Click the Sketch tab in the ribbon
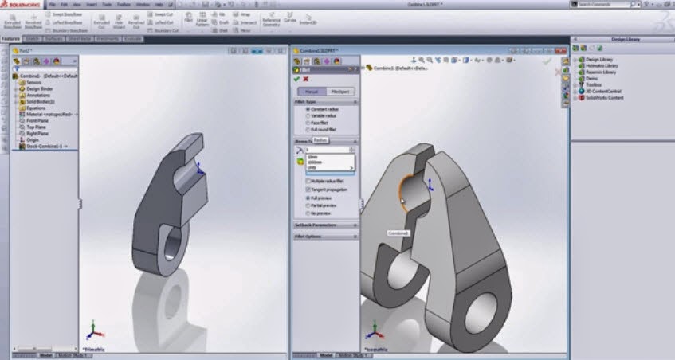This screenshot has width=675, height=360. pyautogui.click(x=33, y=38)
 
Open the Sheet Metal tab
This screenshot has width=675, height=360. pyautogui.click(x=79, y=38)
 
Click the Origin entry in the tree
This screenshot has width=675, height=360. pyautogui.click(x=33, y=139)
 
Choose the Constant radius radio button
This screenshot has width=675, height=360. pyautogui.click(x=308, y=109)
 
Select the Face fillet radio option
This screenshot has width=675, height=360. pyautogui.click(x=308, y=122)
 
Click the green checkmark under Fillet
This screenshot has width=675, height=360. pyautogui.click(x=296, y=79)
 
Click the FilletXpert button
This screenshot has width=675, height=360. pyautogui.click(x=337, y=92)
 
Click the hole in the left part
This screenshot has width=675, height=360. pyautogui.click(x=171, y=256)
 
